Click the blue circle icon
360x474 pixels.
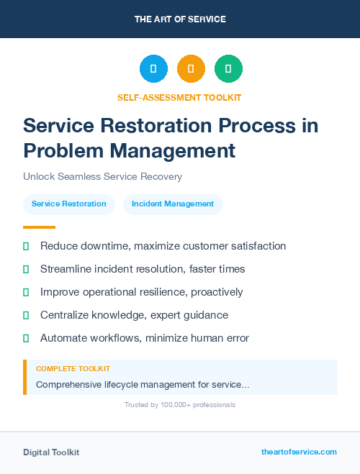coord(153,69)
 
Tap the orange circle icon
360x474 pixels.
coord(191,69)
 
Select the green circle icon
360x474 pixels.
coord(228,69)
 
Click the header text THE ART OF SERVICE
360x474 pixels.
coord(180,19)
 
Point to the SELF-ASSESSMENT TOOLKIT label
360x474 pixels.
coord(179,97)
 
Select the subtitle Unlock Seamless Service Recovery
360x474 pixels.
coord(102,176)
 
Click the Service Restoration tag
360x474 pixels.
coord(69,204)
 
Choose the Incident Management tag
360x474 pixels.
coord(173,204)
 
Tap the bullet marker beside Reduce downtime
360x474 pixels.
coord(26,246)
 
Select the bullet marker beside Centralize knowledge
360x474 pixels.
coord(26,315)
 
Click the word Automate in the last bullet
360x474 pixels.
coord(63,337)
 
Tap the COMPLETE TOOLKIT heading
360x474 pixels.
coord(73,369)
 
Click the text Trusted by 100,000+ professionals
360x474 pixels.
coord(180,405)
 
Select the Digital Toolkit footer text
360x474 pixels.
coord(51,452)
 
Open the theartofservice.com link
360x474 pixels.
coord(299,452)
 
